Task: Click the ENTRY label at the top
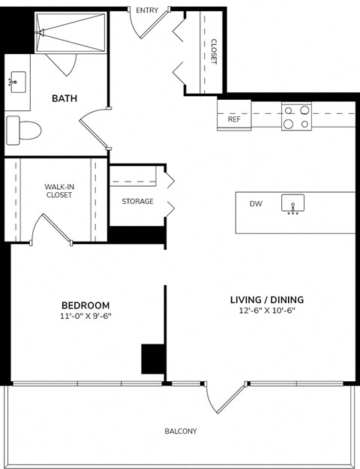click(x=147, y=10)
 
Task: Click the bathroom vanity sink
click(x=16, y=80)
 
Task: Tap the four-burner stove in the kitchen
click(x=295, y=116)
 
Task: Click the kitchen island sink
click(x=293, y=204)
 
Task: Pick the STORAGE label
click(x=137, y=201)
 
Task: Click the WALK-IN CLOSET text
click(x=58, y=191)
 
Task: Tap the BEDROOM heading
click(x=85, y=305)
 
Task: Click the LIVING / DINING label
click(x=266, y=300)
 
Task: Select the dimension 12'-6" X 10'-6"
click(x=266, y=311)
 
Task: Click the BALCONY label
click(x=180, y=431)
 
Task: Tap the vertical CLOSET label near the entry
click(x=213, y=51)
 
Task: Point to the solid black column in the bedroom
click(x=153, y=358)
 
